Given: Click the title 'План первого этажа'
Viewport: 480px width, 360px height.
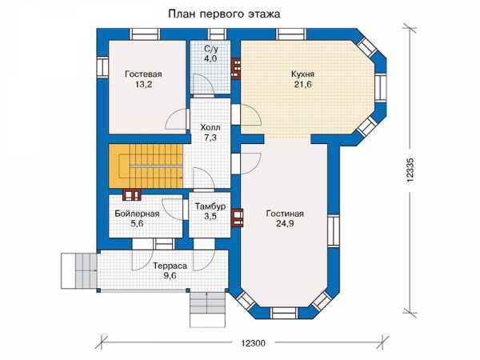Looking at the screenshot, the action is [x=224, y=14].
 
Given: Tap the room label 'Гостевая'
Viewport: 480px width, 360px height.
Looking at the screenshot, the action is [x=143, y=74].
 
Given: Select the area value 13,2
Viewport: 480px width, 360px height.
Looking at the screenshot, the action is [x=143, y=85].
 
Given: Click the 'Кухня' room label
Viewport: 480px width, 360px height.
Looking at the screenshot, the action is [x=302, y=74].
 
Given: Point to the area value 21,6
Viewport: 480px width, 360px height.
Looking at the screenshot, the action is [x=302, y=85].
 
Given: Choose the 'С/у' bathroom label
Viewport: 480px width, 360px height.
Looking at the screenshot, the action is [x=210, y=49].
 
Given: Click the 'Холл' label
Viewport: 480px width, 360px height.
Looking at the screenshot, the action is [x=210, y=127].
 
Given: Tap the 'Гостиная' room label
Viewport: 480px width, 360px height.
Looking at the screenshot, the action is [x=285, y=214].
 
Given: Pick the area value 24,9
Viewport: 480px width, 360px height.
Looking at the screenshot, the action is [x=285, y=224].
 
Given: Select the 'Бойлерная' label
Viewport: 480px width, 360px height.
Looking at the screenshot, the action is [x=137, y=214].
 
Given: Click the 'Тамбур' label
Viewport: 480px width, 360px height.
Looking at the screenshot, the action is [x=210, y=206].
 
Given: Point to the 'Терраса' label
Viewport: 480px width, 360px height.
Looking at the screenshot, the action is [x=170, y=266].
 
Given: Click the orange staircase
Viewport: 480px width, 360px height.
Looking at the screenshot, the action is [x=146, y=166].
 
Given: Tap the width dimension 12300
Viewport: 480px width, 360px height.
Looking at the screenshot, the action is [x=253, y=343].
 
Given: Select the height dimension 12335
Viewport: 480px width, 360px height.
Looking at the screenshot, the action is [x=410, y=170].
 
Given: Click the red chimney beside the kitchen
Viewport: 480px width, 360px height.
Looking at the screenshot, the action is [x=236, y=68].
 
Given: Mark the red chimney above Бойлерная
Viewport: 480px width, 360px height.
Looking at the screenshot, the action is [x=132, y=194].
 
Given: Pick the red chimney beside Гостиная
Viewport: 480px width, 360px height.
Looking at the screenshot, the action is [x=238, y=218].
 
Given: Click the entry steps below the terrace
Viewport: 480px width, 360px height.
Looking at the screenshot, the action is [x=208, y=309].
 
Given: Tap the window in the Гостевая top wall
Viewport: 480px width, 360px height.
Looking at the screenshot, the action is [x=145, y=34].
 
